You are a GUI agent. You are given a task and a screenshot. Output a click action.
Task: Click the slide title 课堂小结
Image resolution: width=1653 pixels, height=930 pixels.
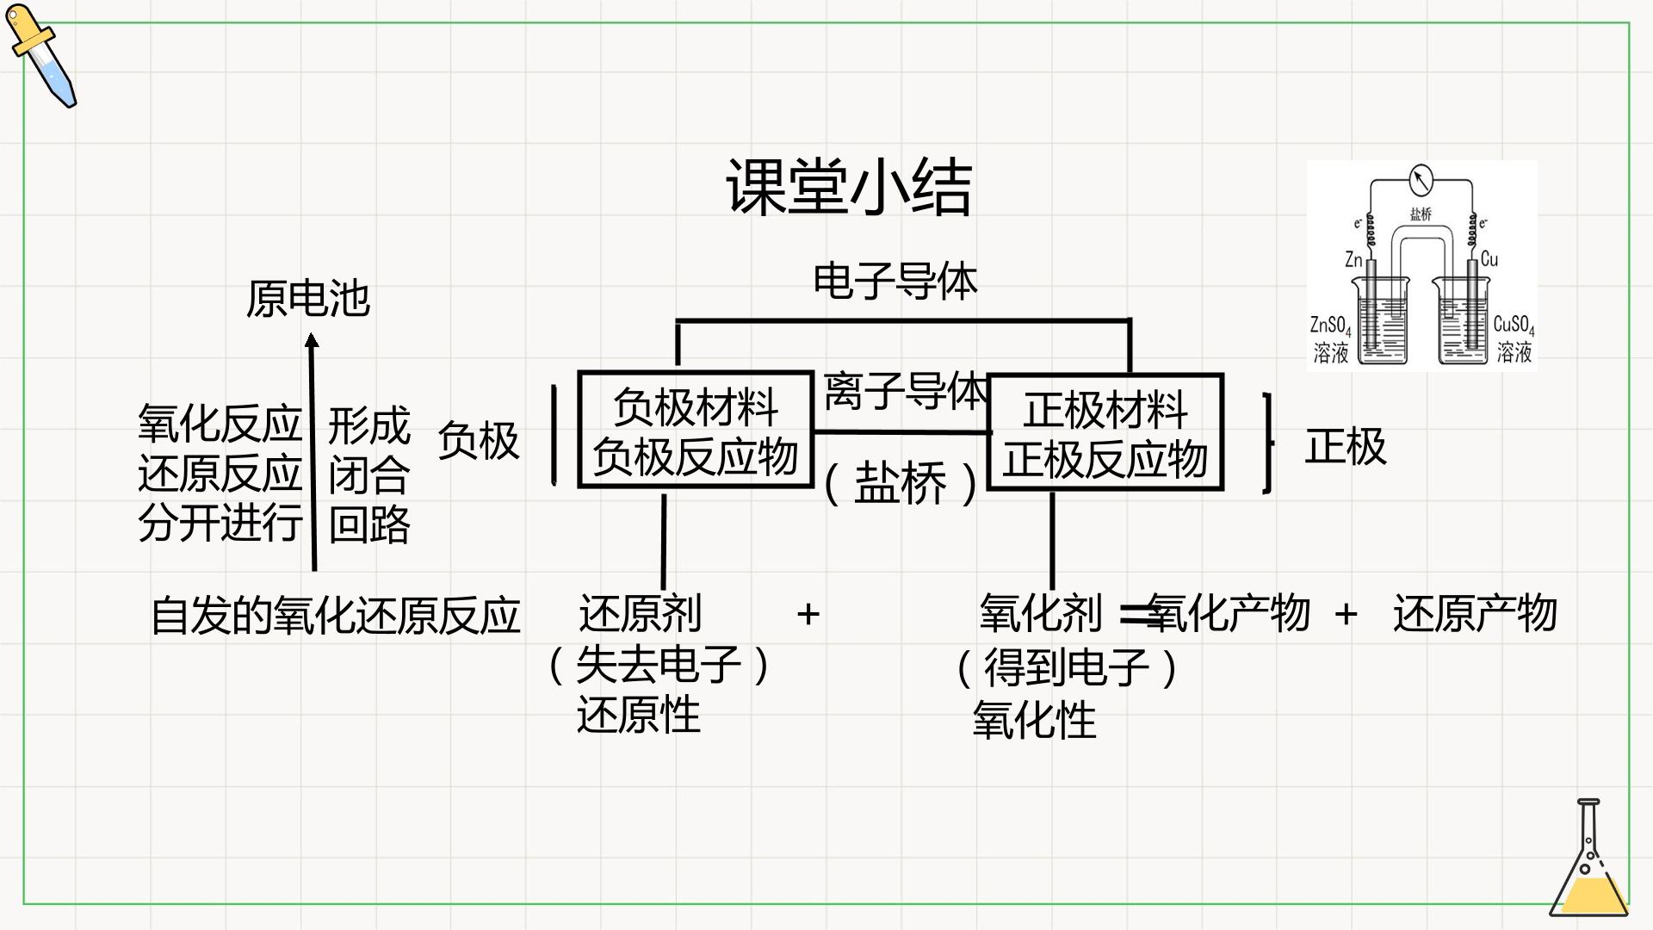click(x=849, y=186)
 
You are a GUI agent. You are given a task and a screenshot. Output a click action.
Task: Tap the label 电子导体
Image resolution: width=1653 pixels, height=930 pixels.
click(x=895, y=282)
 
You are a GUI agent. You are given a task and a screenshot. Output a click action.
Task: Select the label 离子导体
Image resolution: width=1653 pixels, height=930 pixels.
click(x=905, y=391)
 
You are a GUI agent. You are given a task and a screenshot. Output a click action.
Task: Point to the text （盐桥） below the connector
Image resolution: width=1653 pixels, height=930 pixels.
click(x=901, y=482)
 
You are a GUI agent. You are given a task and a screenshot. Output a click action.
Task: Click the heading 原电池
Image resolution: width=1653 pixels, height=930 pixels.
click(x=308, y=299)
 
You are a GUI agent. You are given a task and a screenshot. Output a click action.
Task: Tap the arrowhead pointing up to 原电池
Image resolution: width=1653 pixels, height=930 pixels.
click(x=312, y=341)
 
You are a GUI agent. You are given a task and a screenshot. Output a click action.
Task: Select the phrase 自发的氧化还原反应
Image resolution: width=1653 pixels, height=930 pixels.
click(x=336, y=615)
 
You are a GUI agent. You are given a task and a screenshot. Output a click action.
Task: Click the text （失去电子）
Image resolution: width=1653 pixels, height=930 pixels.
click(x=659, y=665)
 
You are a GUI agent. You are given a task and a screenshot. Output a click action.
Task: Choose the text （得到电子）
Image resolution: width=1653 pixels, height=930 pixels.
click(x=1068, y=667)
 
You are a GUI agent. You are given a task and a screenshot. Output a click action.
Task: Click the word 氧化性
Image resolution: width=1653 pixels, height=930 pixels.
click(x=1034, y=720)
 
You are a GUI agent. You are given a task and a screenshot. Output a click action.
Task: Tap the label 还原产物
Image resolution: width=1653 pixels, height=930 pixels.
click(x=1475, y=613)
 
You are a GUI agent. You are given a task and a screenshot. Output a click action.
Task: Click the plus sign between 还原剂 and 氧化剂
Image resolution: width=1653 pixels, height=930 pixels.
click(x=808, y=614)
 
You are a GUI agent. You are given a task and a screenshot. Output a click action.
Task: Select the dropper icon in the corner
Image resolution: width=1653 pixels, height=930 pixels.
click(x=40, y=56)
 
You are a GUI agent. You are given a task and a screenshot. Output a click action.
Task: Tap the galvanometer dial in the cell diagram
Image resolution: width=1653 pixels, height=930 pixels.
click(x=1421, y=180)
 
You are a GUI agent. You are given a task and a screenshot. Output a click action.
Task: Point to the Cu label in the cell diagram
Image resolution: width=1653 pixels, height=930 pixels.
click(x=1489, y=259)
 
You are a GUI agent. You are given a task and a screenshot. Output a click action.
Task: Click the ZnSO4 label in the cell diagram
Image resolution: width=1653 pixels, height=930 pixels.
click(x=1330, y=325)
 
